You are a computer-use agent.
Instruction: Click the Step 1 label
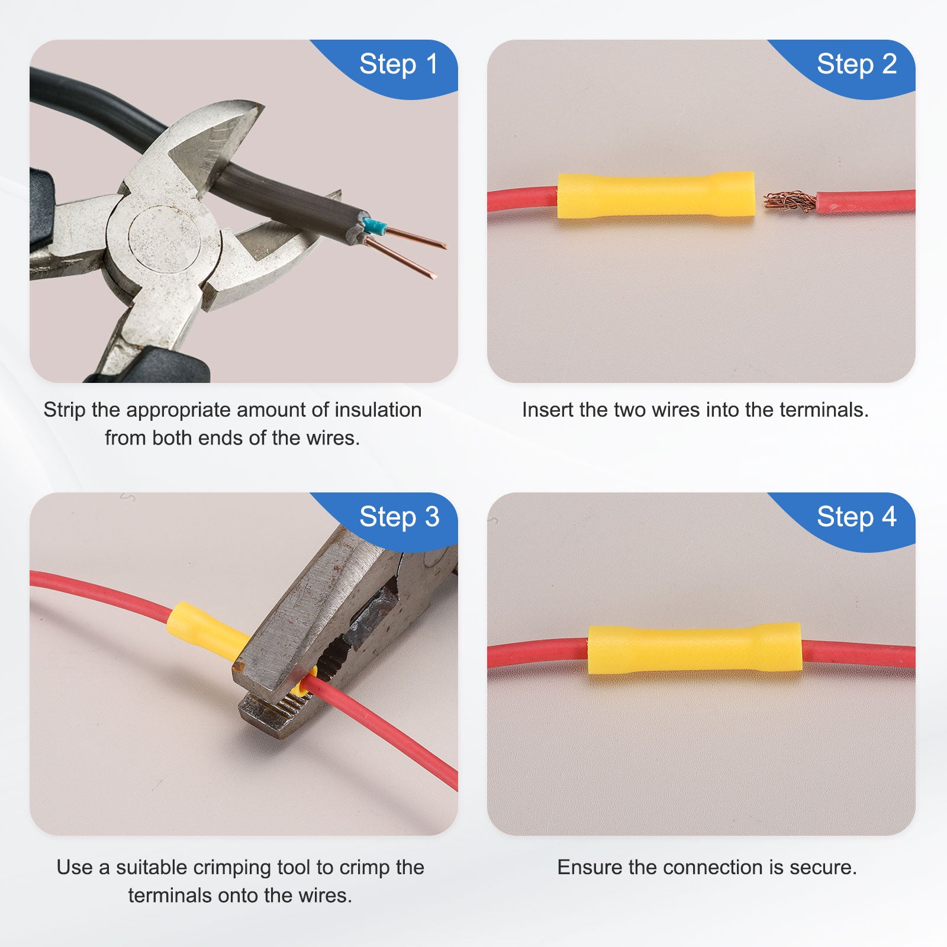[398, 65]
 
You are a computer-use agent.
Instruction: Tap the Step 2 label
[856, 65]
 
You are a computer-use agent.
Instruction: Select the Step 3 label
[399, 517]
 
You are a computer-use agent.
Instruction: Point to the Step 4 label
[856, 517]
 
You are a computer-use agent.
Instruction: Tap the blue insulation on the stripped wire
[374, 226]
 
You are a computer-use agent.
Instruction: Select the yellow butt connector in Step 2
[656, 195]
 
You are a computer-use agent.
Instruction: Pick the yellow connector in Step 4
[695, 649]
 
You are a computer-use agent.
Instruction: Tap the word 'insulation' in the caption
[378, 410]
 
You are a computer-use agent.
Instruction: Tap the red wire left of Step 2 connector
[523, 199]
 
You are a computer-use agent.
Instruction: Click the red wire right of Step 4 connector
[859, 655]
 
